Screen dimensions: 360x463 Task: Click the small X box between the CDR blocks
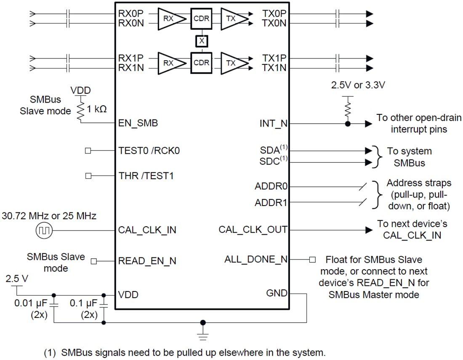click(x=202, y=41)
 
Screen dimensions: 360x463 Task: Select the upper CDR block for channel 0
click(x=202, y=19)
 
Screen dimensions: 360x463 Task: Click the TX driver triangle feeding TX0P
click(x=233, y=19)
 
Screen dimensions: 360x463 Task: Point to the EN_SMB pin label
click(x=138, y=124)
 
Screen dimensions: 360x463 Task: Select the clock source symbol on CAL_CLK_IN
click(x=45, y=230)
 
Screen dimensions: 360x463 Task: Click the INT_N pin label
click(x=273, y=124)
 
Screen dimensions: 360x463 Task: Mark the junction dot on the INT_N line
click(x=348, y=124)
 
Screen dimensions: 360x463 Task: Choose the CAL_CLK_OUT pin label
click(x=253, y=230)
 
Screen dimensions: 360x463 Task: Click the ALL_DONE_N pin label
click(x=255, y=259)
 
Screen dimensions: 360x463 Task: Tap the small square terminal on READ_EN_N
click(x=94, y=261)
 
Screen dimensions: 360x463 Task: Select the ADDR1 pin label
click(x=271, y=202)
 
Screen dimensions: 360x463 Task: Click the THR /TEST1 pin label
click(x=146, y=176)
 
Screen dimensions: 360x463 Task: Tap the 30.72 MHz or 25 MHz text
click(x=49, y=216)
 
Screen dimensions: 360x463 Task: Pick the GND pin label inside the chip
click(x=277, y=293)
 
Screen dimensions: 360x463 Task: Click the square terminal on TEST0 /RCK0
click(x=88, y=151)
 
